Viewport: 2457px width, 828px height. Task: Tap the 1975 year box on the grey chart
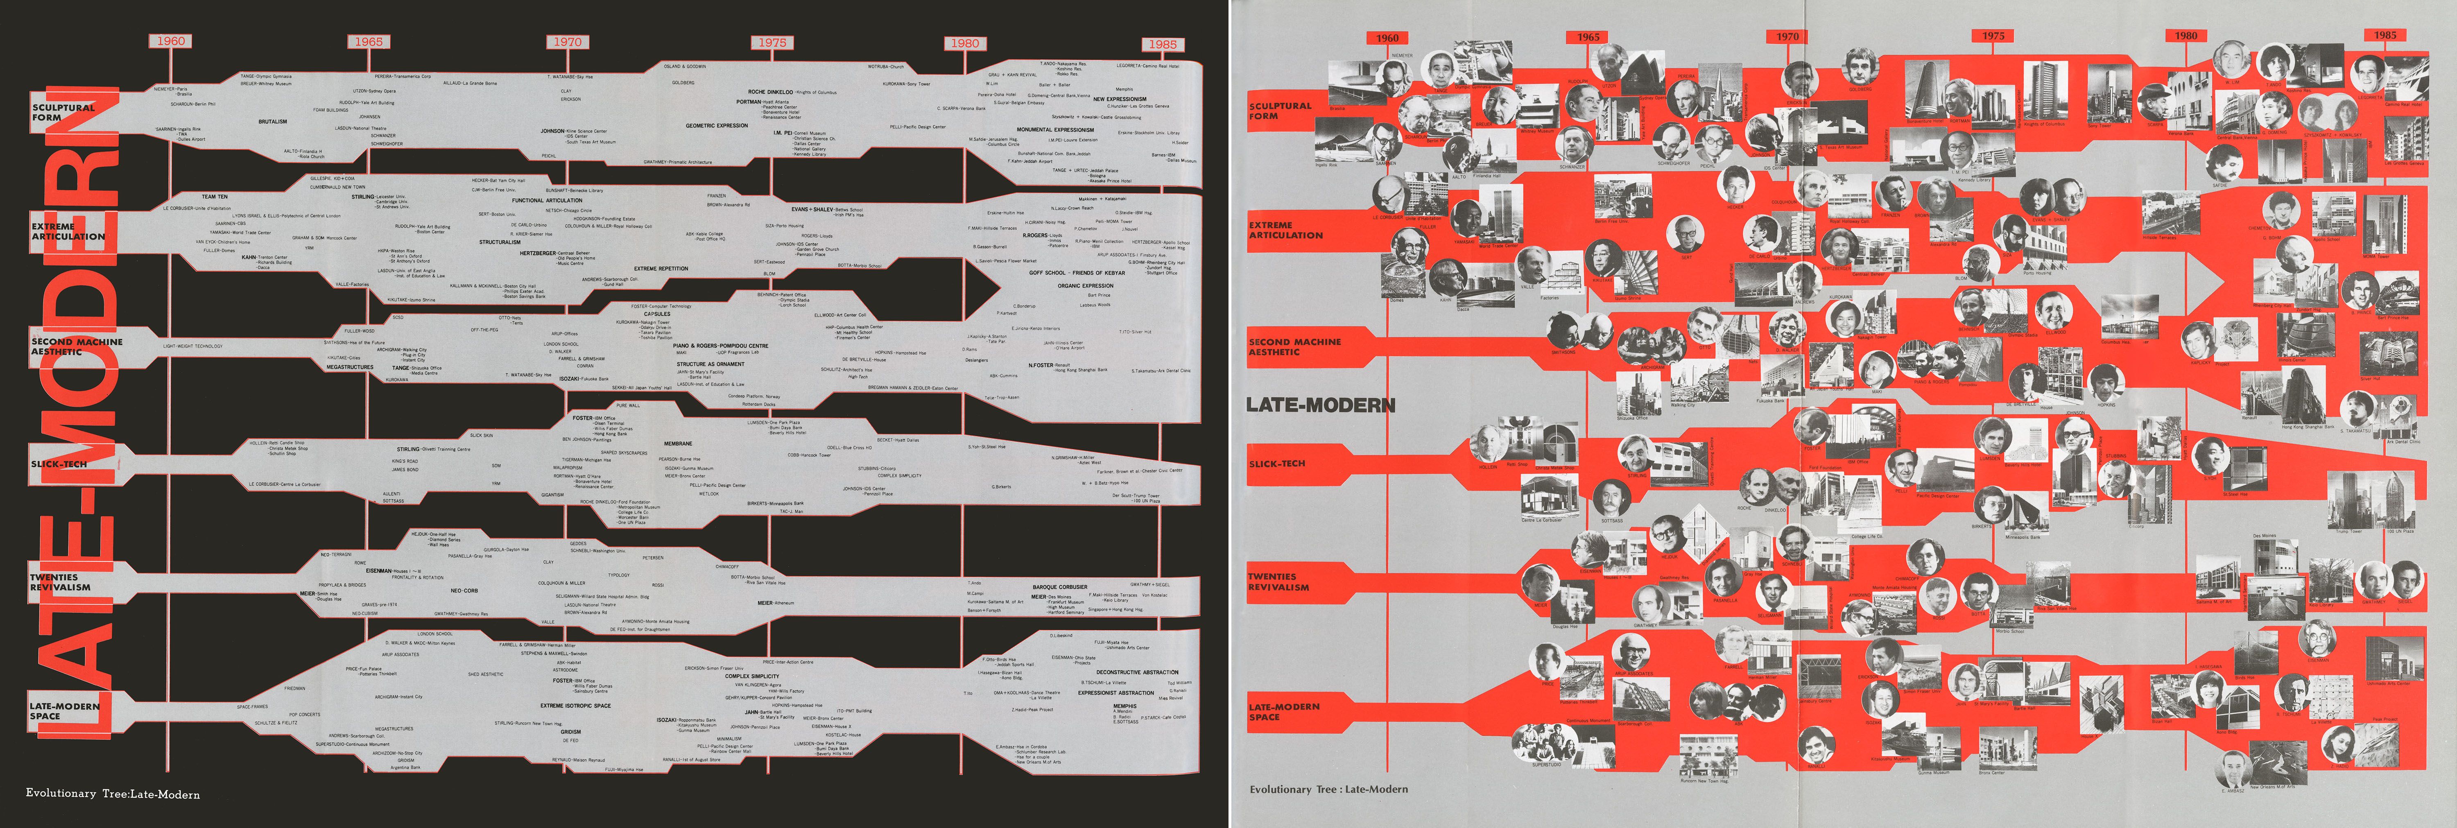pos(1993,36)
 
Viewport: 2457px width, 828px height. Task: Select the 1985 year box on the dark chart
pos(1162,44)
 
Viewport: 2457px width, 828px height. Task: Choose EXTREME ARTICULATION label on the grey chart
pos(1286,230)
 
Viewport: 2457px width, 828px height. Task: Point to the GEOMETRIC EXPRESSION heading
pos(716,125)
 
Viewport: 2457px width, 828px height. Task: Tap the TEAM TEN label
pos(215,197)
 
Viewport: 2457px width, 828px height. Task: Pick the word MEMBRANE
pos(678,443)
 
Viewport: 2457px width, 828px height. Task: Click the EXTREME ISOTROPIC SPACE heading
pos(575,706)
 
